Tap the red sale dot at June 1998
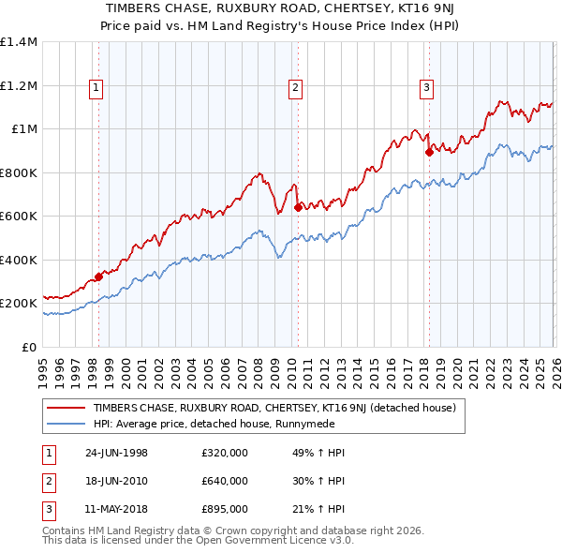click(x=98, y=277)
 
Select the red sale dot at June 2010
click(x=298, y=208)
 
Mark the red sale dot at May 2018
click(x=428, y=152)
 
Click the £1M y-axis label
click(x=22, y=129)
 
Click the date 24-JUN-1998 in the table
click(x=116, y=453)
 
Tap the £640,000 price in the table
click(x=225, y=481)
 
